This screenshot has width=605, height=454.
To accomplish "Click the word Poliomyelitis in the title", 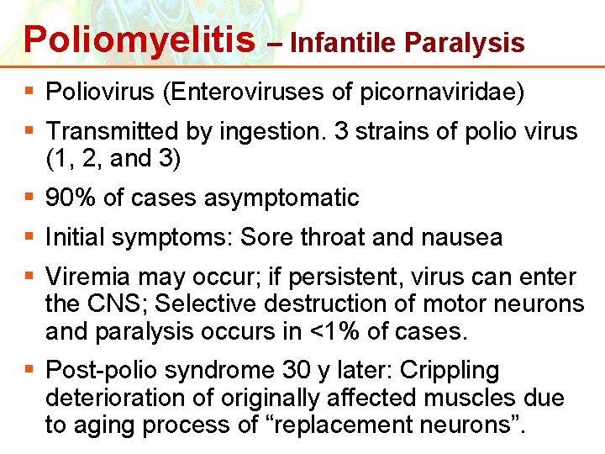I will click(139, 39).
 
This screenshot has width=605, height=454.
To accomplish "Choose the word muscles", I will click(492, 397).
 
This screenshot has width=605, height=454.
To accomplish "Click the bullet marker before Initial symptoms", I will click(31, 238).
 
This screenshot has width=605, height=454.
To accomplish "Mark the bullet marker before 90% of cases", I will click(31, 198).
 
